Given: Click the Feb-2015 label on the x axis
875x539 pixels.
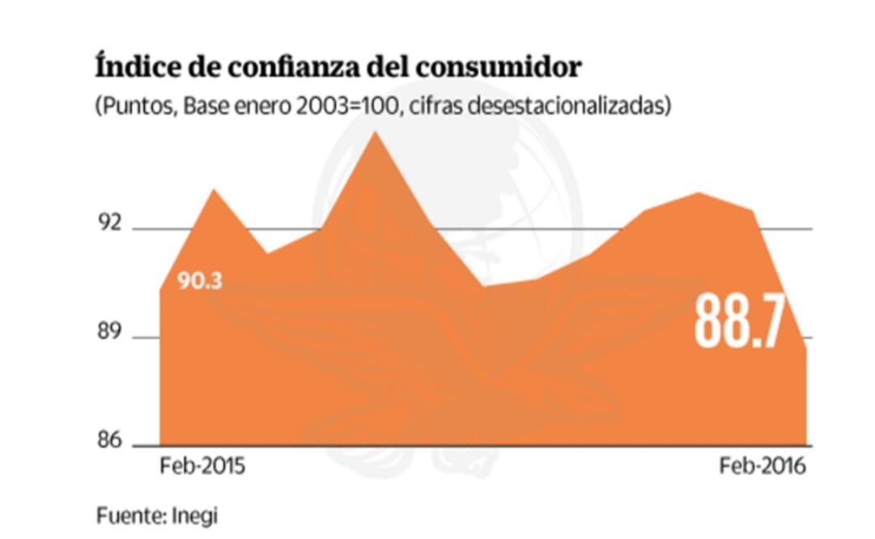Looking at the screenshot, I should click(x=202, y=468).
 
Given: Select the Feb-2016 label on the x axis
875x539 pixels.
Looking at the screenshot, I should click(x=762, y=468).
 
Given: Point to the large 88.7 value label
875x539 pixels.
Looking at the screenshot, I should click(x=740, y=322).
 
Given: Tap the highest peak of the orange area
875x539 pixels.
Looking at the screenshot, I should click(x=374, y=131).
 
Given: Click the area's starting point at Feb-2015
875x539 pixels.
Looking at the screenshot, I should click(x=160, y=289).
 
